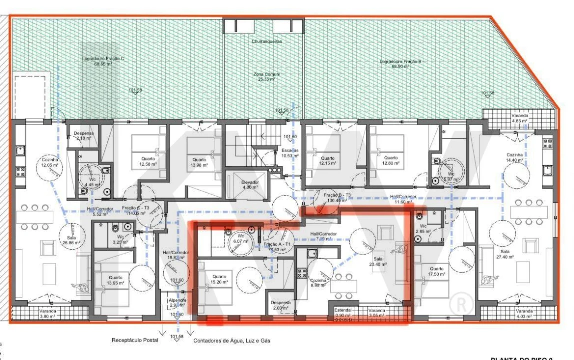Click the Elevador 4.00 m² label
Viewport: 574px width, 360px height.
pyautogui.click(x=250, y=185)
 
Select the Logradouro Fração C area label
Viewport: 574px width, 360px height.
pyautogui.click(x=103, y=61)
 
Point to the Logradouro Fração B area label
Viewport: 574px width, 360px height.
pyautogui.click(x=401, y=63)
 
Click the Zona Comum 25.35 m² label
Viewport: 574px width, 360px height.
pyautogui.click(x=266, y=77)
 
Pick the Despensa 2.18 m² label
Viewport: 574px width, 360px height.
pyautogui.click(x=83, y=135)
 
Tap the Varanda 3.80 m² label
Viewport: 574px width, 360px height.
pyautogui.click(x=48, y=313)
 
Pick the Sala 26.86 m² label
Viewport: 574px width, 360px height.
pyautogui.click(x=68, y=240)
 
